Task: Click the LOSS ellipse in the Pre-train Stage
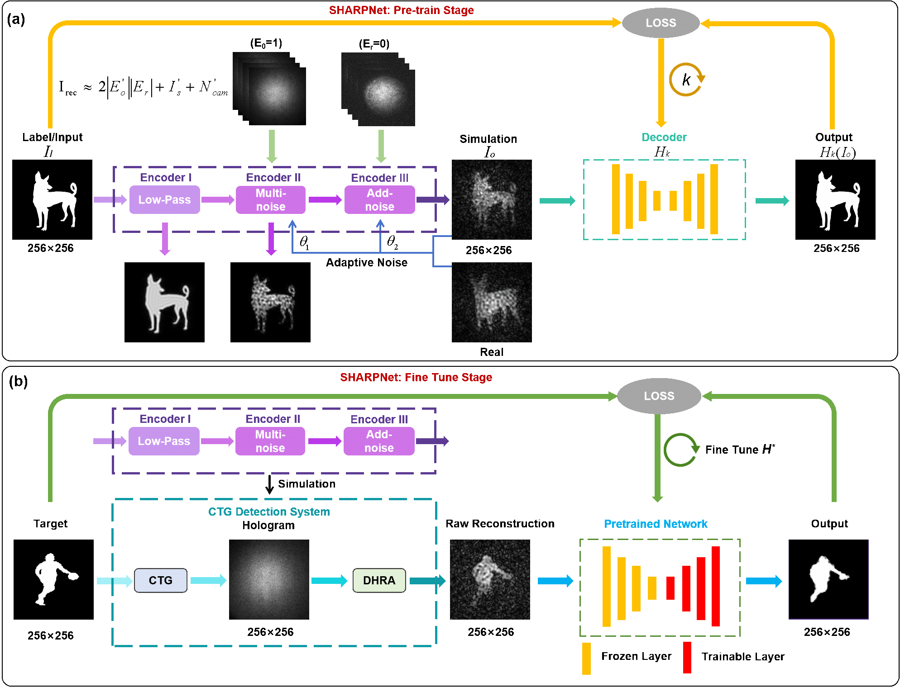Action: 661,23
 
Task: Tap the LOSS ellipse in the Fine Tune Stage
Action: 659,396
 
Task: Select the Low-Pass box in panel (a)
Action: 165,199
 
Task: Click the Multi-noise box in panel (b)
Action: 270,441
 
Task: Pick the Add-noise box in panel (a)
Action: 380,199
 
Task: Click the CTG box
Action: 161,580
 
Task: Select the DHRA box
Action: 379,580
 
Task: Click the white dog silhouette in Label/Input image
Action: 53,200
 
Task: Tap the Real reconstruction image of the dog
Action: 492,302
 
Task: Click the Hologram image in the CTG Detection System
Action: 269,579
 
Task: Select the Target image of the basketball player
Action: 53,579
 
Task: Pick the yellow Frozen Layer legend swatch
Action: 586,659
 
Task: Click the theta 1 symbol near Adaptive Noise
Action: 304,242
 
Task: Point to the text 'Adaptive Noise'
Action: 367,262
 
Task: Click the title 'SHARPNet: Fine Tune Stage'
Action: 416,377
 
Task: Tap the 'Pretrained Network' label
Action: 656,524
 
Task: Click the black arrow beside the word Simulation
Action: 270,484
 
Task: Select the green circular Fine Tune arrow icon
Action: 680,450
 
